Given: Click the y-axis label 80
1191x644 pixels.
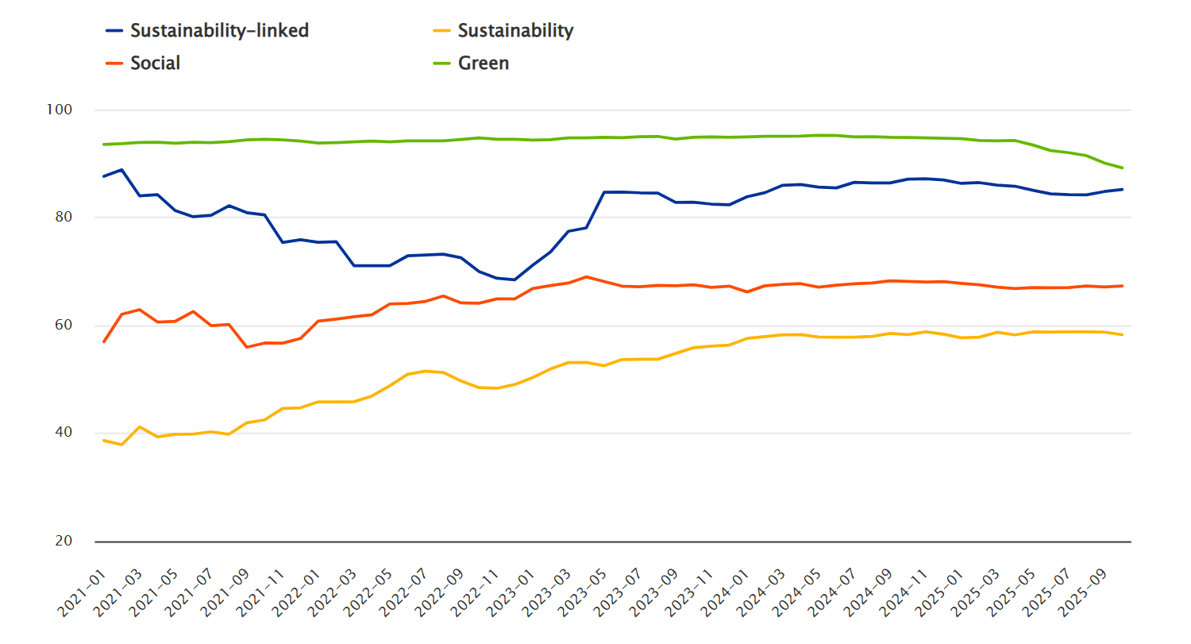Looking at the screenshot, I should click(x=64, y=218).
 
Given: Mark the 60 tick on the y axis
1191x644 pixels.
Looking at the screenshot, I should click(x=64, y=326).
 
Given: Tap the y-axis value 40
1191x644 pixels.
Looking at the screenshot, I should click(x=64, y=434).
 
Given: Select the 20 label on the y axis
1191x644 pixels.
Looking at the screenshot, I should click(x=64, y=542).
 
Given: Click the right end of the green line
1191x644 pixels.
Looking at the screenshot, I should click(x=1122, y=168).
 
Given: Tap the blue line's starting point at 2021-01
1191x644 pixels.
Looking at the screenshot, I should click(x=104, y=176).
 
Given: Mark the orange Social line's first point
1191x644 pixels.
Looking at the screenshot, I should click(x=104, y=341).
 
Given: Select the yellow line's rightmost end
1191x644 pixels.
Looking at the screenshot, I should click(x=1122, y=335).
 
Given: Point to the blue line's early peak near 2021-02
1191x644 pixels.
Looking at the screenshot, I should click(x=121, y=169).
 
